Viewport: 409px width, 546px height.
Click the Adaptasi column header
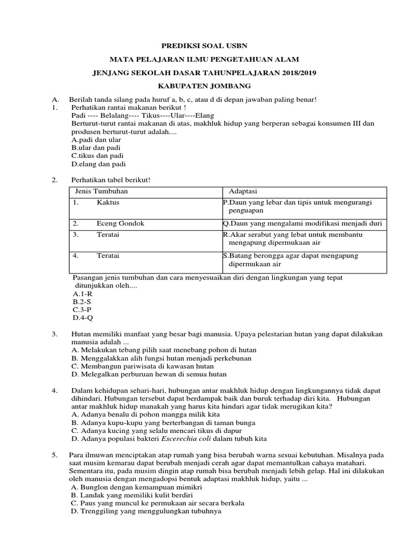(x=243, y=191)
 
